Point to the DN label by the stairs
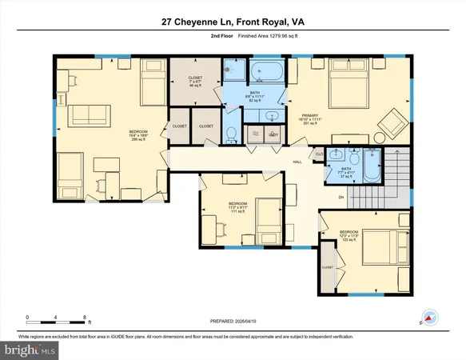(x=341, y=197)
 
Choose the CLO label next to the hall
(x=318, y=154)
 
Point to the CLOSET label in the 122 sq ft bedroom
(x=327, y=267)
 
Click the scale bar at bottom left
(x=56, y=318)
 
